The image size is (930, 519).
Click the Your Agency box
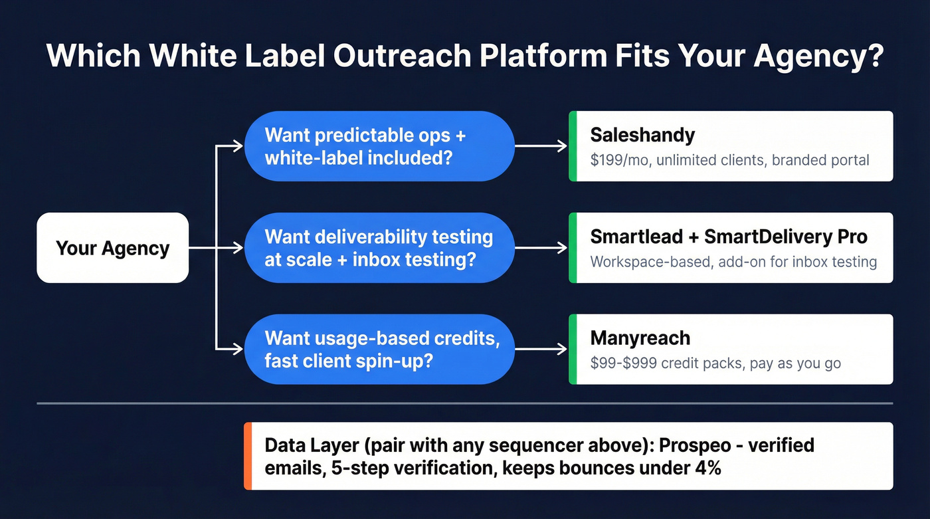pos(112,248)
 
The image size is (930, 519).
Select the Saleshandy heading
pos(642,136)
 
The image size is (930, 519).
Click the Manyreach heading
pos(640,338)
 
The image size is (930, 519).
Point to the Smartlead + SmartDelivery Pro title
pos(728,237)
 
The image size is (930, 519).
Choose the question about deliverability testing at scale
pos(379,248)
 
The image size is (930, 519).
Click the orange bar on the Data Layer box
pos(248,456)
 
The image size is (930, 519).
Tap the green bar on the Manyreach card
pos(573,349)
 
